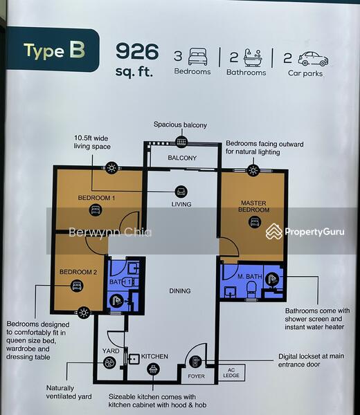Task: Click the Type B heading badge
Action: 53,50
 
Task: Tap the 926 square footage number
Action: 137,51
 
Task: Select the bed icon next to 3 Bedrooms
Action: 197,57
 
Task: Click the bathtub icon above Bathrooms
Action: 253,57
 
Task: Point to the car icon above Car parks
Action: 313,59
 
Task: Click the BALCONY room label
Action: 182,158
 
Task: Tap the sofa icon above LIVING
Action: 181,192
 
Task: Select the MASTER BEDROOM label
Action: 253,206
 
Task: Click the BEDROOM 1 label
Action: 96,198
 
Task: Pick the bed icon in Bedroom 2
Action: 77,286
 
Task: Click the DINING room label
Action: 180,291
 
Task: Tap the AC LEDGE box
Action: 231,373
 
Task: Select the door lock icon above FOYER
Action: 195,362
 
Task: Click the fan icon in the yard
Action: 109,362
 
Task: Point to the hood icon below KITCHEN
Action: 154,369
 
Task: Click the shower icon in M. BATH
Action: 273,279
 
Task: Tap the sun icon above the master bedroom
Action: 253,170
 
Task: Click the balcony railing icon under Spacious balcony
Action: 181,142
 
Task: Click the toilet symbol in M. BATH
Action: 251,289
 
